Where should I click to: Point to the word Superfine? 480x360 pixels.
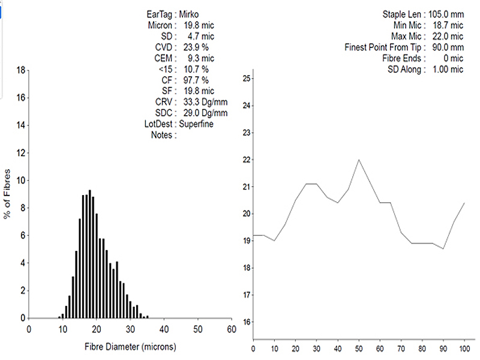(197, 124)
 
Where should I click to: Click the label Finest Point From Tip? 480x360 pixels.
(385, 47)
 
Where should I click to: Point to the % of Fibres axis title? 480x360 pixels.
(8, 194)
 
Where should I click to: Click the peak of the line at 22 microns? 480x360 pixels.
(359, 160)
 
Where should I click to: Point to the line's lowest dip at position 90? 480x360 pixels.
(443, 248)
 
